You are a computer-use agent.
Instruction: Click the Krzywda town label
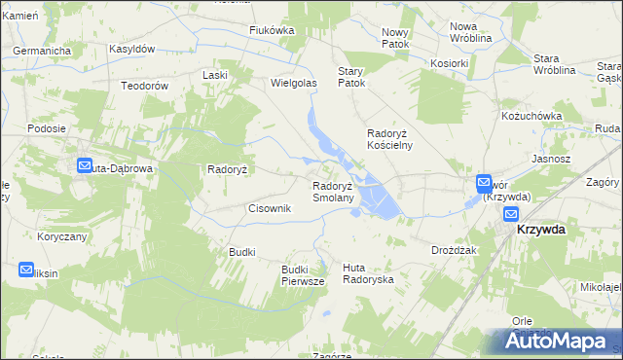541,229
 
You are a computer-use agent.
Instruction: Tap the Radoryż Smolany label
340,192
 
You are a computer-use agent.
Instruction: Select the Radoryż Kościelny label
389,138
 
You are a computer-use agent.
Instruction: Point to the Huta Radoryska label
368,273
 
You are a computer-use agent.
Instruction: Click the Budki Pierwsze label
302,274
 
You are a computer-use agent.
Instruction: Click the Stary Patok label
350,78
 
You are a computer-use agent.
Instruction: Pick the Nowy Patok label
396,39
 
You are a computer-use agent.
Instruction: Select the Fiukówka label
272,30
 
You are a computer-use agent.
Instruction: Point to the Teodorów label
145,86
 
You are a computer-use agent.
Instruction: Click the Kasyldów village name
132,48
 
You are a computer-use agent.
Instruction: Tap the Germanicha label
43,49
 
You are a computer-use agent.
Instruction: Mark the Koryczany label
62,236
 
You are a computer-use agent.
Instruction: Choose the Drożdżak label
453,250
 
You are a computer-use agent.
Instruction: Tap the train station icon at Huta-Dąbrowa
83,166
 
